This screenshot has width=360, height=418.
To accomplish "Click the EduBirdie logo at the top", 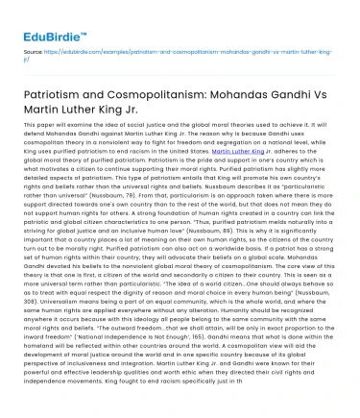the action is coord(42,17).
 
